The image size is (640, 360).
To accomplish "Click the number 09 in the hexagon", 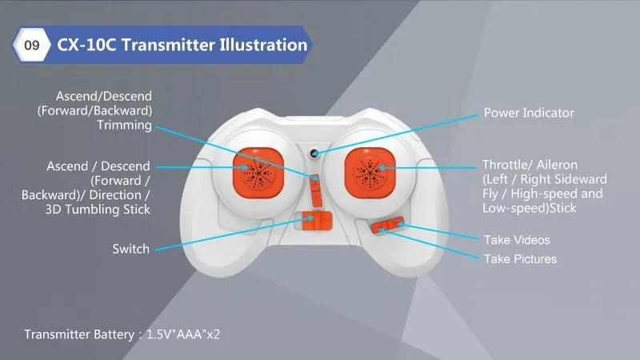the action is pos(32,45).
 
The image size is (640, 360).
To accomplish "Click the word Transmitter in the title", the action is pos(168,45).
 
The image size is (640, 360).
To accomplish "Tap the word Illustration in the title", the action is pos(263,45).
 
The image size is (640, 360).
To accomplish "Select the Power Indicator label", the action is pos(529,113).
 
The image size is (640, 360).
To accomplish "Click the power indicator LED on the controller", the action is pos(314,153).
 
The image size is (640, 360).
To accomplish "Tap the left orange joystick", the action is pos(258,173).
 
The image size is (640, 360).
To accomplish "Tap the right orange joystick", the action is pos(370,173).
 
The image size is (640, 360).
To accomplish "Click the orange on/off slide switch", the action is pos(317,222).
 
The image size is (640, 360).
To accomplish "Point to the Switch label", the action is pos(131,249).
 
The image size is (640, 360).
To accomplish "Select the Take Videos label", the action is pos(517,239).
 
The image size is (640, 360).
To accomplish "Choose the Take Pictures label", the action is pos(521,258).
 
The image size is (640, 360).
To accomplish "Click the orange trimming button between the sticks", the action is pos(315,190).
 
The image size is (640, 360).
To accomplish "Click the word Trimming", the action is pos(125,126).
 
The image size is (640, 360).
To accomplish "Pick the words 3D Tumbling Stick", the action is pos(98,210).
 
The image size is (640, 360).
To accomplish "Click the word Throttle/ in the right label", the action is pos(508,165).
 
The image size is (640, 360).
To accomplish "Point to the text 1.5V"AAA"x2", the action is pos(183,334).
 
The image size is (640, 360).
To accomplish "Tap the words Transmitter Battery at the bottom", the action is pos(79,334).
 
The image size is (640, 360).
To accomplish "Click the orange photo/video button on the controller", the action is pos(387,225).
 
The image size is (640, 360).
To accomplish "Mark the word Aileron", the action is pos(557,165).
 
